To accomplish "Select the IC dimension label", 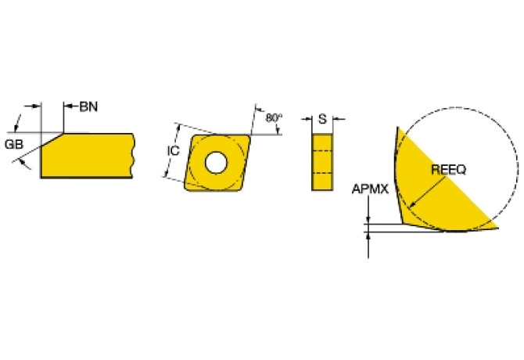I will point(174,151).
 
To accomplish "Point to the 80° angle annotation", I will point(273,118).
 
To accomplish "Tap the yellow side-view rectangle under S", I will point(321,161).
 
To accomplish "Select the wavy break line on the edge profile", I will point(135,155).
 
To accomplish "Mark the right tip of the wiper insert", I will point(497,228).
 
